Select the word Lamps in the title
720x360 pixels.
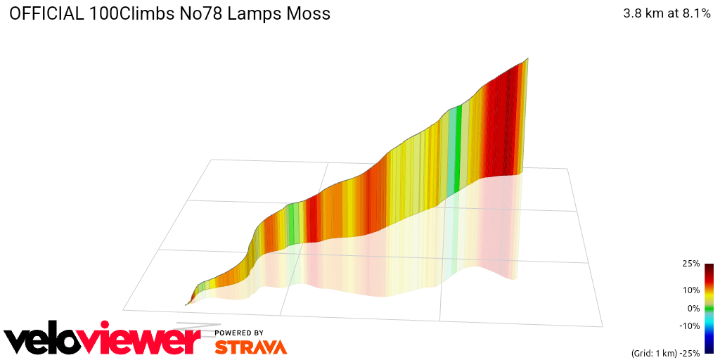pyautogui.click(x=243, y=13)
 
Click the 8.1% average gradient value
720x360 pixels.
pyautogui.click(x=695, y=13)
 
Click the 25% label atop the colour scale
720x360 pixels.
pyautogui.click(x=690, y=264)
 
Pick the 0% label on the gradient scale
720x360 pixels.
pyautogui.click(x=693, y=308)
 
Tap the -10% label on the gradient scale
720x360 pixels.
pyautogui.click(x=689, y=326)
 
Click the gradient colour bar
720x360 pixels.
pyautogui.click(x=709, y=308)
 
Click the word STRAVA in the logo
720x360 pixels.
pyautogui.click(x=250, y=347)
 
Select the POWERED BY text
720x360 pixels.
pyautogui.click(x=239, y=333)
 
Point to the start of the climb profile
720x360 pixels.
pyautogui.click(x=186, y=304)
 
